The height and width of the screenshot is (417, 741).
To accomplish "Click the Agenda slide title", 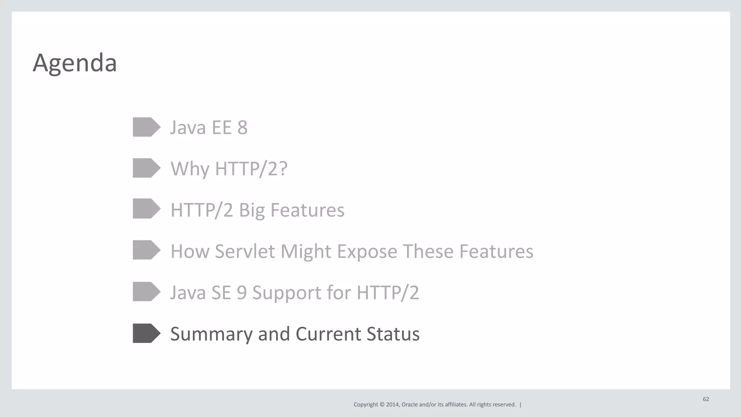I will point(75,63).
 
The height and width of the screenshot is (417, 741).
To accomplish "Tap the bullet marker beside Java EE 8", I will point(146,127).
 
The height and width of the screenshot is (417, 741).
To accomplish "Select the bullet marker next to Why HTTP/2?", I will point(146,168).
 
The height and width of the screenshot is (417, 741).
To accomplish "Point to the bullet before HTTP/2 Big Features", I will point(146,209).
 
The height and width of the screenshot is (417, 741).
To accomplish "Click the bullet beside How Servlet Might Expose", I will point(146,250).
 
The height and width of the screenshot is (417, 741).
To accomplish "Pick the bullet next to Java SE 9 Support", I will point(146,292).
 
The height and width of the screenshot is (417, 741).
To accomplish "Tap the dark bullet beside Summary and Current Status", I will point(146,333).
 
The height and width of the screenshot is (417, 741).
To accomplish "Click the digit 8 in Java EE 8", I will point(242,127).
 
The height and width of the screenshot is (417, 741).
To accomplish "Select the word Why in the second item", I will point(190,169).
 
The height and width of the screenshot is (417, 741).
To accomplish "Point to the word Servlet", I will point(245,251).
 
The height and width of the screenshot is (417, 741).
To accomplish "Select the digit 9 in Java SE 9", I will point(242,293).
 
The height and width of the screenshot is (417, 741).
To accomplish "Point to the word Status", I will point(393,334).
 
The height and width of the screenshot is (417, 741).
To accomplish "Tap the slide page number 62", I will point(706,399).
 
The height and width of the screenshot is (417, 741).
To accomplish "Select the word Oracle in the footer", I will point(410,405).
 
